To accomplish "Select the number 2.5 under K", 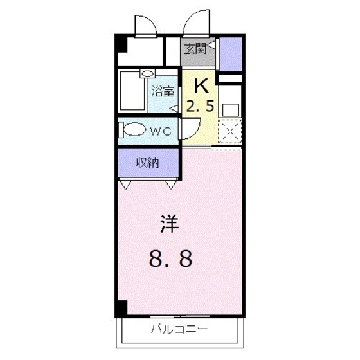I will pyautogui.click(x=201, y=105).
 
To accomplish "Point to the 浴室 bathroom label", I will pyautogui.click(x=163, y=91).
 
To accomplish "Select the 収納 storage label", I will pyautogui.click(x=147, y=163).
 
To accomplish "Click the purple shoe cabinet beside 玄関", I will pyautogui.click(x=230, y=55).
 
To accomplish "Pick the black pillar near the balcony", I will pyautogui.click(x=120, y=308).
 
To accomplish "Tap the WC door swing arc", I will pyautogui.click(x=188, y=132).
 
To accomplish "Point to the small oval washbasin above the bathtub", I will pyautogui.click(x=148, y=75).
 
